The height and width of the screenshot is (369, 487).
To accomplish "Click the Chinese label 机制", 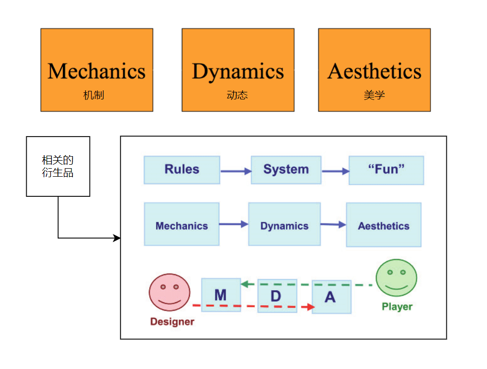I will tap(93, 95).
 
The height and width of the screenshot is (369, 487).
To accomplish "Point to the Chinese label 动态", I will tap(237, 95).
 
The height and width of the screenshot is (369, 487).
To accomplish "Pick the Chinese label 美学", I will tap(374, 95).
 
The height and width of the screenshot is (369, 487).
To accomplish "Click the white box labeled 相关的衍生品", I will tap(58, 166).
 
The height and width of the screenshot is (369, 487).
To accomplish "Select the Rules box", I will tap(182, 170).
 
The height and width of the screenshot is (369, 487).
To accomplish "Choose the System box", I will tap(286, 170).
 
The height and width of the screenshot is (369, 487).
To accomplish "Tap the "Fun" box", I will tap(386, 170).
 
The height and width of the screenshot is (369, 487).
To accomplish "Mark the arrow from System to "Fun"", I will tap(335, 171).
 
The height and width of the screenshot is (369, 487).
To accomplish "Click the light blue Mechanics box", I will tap(181, 224).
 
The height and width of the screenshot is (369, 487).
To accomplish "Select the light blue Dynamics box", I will tap(284, 224).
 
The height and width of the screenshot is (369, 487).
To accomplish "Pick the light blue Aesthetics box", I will tap(383, 224).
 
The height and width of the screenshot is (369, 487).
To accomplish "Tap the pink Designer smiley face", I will tap(170, 292).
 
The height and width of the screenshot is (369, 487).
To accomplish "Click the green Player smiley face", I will tap(397, 278).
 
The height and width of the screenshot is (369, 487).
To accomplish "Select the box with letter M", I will tap(221, 294).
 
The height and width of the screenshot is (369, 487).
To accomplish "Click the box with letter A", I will tap(331, 297).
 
